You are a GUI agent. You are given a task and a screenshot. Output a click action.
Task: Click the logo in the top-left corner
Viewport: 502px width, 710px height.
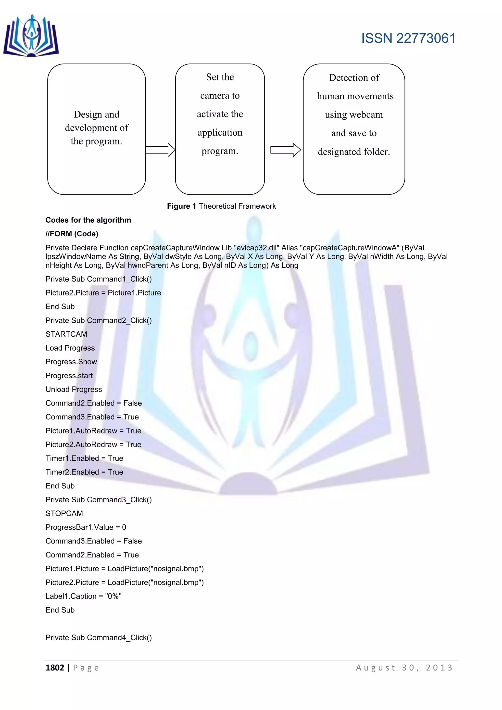pos(31,36)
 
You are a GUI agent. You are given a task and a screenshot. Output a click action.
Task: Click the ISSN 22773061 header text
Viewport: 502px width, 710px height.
pos(408,38)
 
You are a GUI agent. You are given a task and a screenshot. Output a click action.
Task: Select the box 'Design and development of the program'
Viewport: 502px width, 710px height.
pos(96,129)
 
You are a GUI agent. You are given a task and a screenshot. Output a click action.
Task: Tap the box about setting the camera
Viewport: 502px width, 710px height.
pos(220,129)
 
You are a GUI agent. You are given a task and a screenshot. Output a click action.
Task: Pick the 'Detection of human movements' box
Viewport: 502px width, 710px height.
pos(354,129)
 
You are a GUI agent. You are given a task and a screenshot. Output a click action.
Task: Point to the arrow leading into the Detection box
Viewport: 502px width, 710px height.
pos(285,150)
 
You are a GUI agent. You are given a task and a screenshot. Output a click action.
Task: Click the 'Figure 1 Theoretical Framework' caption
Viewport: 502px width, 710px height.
pos(221,206)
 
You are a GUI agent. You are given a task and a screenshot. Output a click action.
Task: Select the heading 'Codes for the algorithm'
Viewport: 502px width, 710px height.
pos(88,220)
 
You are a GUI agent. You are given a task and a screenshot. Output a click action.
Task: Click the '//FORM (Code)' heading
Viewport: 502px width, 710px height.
pos(72,234)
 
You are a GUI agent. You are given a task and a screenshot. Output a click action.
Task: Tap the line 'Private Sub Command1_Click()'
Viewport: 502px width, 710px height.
pos(99,279)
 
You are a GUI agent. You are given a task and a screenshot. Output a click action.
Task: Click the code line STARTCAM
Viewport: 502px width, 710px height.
pos(66,334)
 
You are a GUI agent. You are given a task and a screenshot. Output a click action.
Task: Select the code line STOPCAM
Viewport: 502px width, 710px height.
pos(64,514)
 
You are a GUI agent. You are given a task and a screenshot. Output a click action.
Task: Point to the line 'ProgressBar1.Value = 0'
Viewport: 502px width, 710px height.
pos(86,527)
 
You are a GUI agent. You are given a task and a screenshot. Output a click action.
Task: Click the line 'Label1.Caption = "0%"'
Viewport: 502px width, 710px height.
pos(83,596)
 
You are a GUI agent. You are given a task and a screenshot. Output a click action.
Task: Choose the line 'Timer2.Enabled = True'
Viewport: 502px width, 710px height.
pos(84,472)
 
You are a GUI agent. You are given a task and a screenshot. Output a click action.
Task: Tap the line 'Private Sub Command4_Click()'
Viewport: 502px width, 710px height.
pos(99,638)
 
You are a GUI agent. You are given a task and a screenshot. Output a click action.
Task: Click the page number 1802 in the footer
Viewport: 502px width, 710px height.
pos(55,668)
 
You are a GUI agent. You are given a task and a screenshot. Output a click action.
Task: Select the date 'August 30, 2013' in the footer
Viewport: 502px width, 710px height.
pos(404,668)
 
